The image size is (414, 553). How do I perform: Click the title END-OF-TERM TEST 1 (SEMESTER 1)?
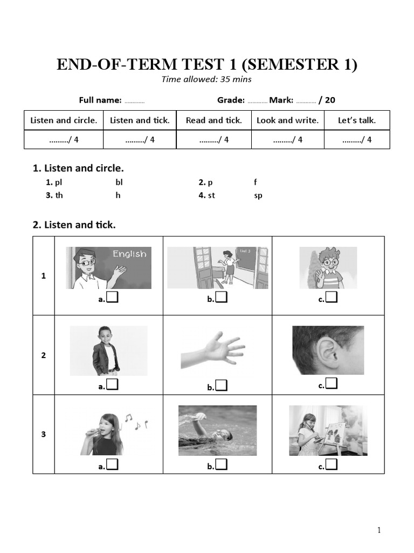pyautogui.click(x=207, y=65)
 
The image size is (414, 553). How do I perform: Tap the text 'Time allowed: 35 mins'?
pyautogui.click(x=207, y=79)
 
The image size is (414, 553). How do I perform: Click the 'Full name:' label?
pyautogui.click(x=100, y=100)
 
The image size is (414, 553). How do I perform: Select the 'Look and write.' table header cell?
pyautogui.click(x=287, y=120)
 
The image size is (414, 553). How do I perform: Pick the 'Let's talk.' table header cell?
pyautogui.click(x=356, y=120)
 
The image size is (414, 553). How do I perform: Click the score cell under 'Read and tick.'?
pyautogui.click(x=214, y=140)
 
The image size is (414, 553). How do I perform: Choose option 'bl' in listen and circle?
pyautogui.click(x=119, y=183)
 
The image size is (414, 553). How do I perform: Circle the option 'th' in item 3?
pyautogui.click(x=59, y=195)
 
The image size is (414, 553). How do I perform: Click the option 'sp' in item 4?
pyautogui.click(x=258, y=195)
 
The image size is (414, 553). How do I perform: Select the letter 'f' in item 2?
pyautogui.click(x=256, y=183)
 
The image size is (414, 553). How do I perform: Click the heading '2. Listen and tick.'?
pyautogui.click(x=74, y=225)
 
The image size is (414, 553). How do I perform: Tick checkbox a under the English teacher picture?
pyautogui.click(x=112, y=297)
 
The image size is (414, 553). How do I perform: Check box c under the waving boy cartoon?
pyautogui.click(x=331, y=297)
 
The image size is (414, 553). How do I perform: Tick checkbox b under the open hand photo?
pyautogui.click(x=221, y=386)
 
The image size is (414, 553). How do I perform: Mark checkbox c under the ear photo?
pyautogui.click(x=332, y=384)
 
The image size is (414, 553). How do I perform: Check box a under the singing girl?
pyautogui.click(x=112, y=465)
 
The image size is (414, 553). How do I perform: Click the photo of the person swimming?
pyautogui.click(x=217, y=430)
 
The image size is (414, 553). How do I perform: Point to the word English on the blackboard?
pyautogui.click(x=129, y=254)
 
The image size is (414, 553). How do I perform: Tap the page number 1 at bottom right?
pyautogui.click(x=379, y=530)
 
